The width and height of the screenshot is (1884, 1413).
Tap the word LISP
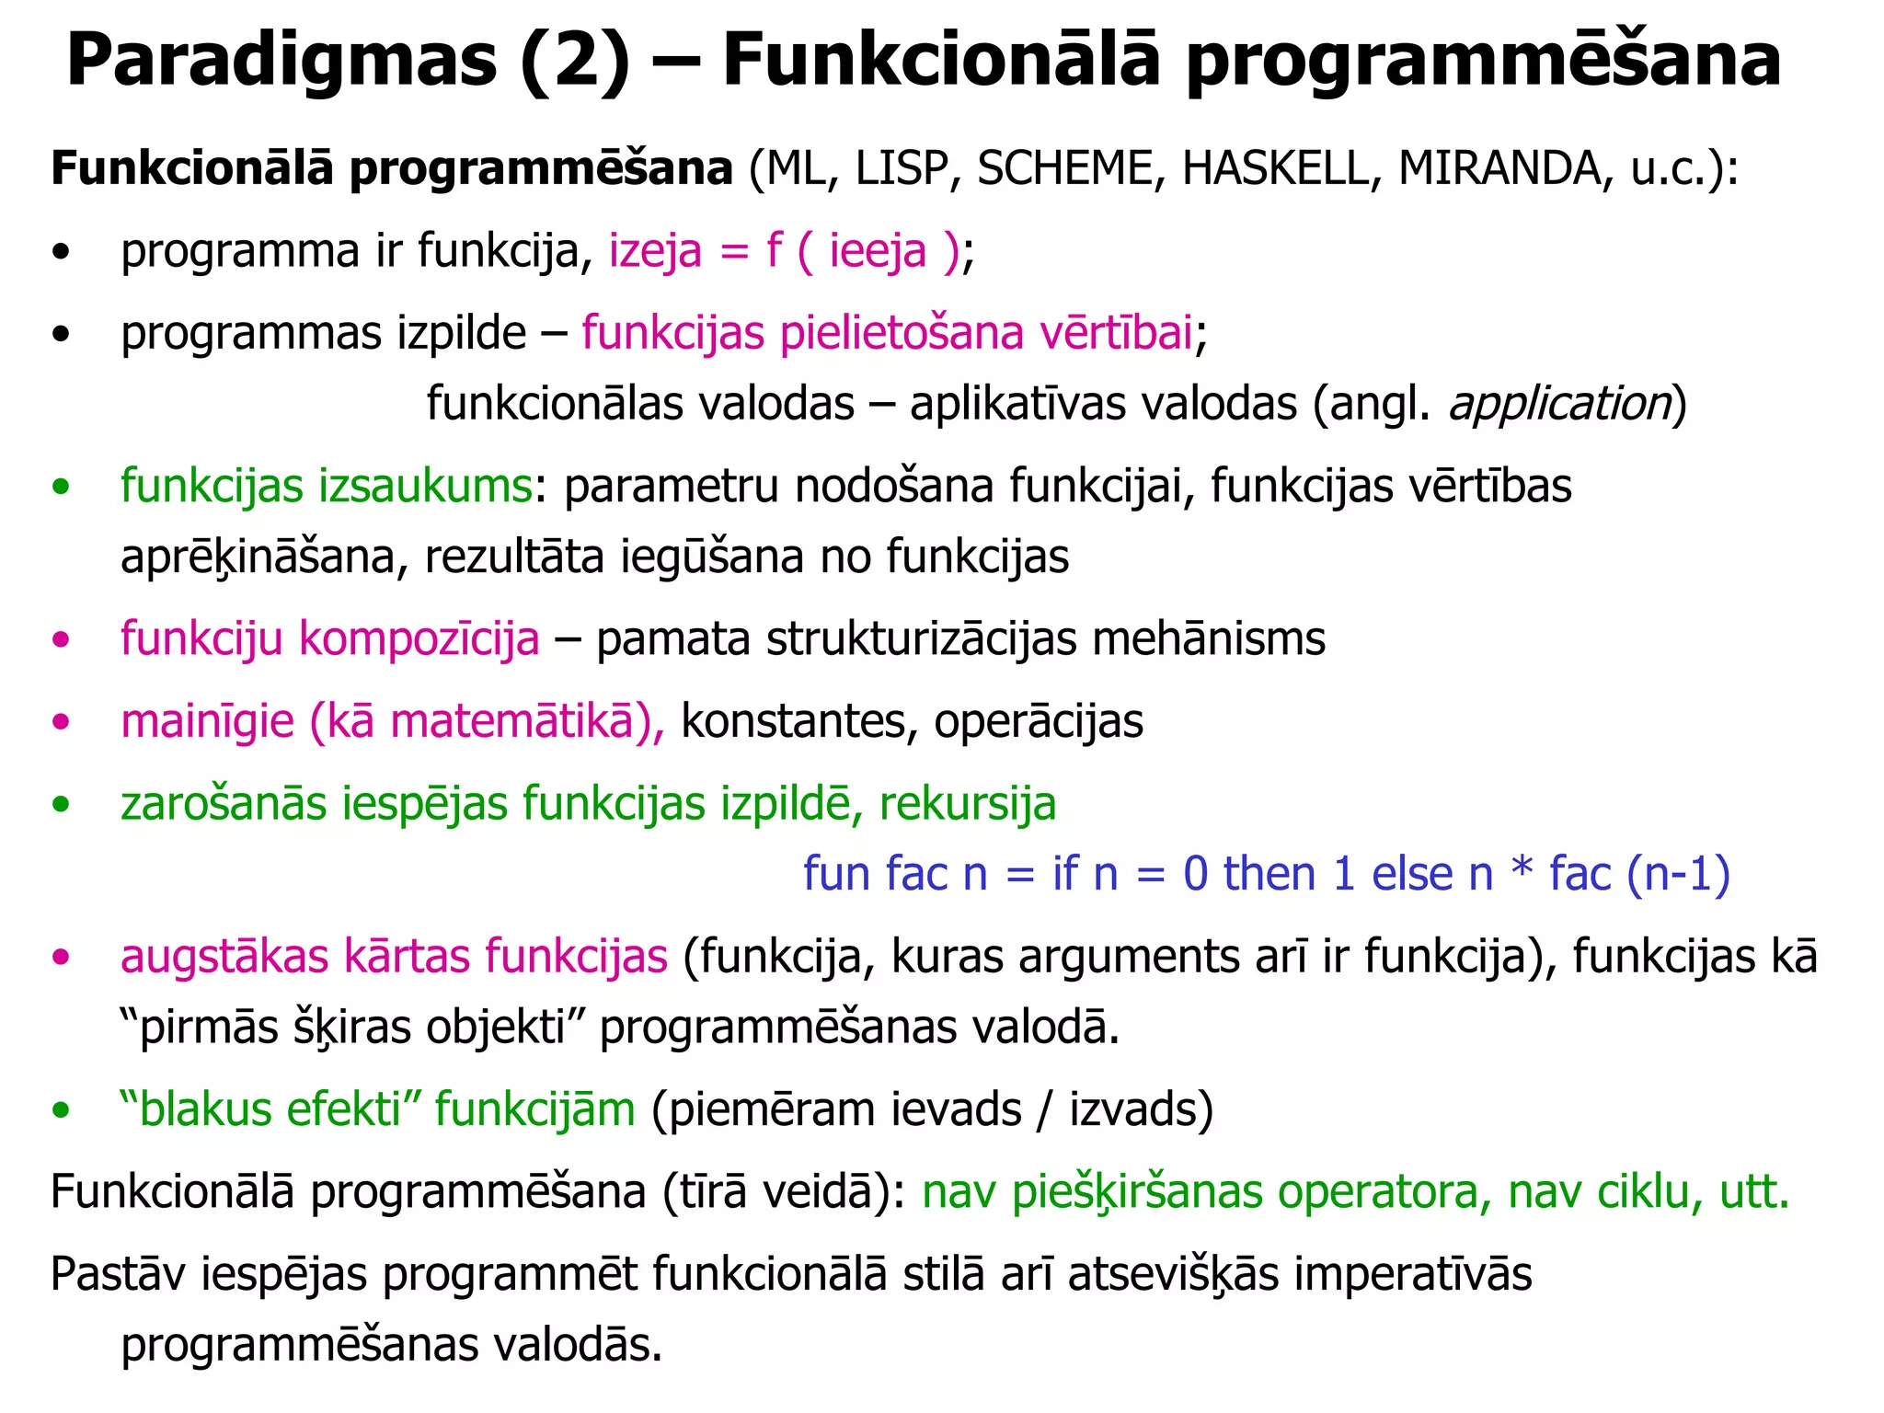pos(902,168)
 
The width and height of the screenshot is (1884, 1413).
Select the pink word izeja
pos(655,251)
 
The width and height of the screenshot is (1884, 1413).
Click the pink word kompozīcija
pos(419,638)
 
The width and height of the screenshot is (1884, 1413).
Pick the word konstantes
pos(793,721)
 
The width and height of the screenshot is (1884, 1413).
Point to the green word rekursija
pos(968,804)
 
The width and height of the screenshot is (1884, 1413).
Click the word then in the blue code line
pos(1269,874)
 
